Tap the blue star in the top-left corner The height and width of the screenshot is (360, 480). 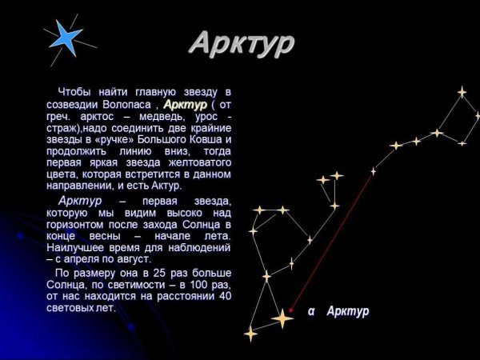tap(65, 37)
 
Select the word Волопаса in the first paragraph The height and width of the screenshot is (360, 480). tap(130, 105)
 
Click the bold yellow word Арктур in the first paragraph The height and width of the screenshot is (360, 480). tap(185, 105)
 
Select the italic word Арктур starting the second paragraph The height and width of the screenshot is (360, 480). tap(79, 201)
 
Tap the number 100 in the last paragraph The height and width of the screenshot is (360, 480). tap(194, 285)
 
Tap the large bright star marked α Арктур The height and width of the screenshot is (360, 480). tap(282, 318)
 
